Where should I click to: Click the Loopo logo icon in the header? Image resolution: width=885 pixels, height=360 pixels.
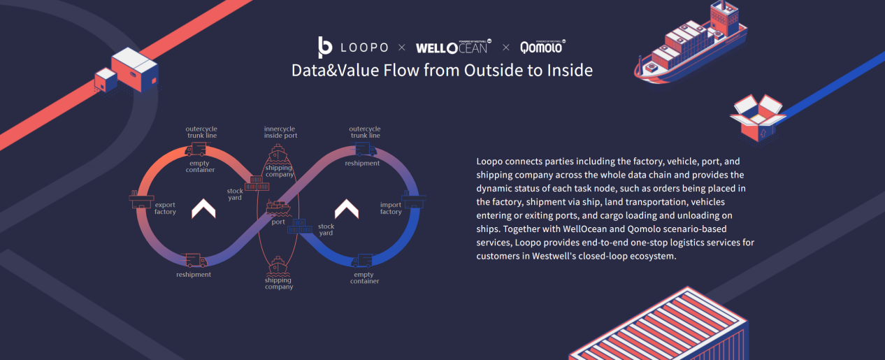point(325,48)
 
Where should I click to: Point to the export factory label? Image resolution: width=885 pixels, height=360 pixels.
point(165,208)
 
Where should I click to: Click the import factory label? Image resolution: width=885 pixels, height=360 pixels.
point(391,208)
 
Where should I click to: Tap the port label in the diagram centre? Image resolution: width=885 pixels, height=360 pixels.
point(278,222)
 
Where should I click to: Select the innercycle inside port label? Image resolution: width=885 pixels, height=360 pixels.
point(280,132)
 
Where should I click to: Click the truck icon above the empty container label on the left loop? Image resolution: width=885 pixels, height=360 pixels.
point(196,150)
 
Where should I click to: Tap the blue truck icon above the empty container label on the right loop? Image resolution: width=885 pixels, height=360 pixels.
point(362,261)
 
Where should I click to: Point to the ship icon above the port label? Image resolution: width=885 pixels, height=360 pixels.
point(278,208)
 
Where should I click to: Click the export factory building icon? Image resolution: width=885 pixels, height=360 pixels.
point(141,199)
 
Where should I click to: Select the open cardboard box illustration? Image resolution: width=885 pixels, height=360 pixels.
point(758,117)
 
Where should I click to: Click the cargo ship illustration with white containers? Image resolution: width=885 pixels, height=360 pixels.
point(691,43)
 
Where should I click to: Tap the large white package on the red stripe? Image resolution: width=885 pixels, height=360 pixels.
point(135,69)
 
